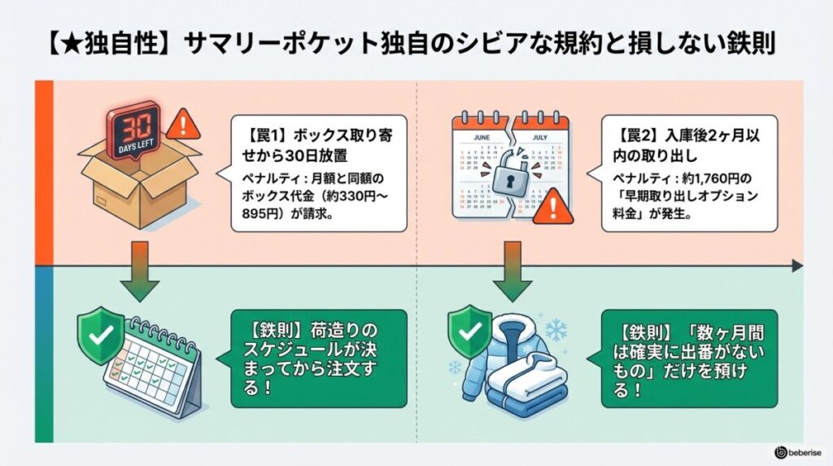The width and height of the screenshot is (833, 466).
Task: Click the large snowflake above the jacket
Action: [x=556, y=330]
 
